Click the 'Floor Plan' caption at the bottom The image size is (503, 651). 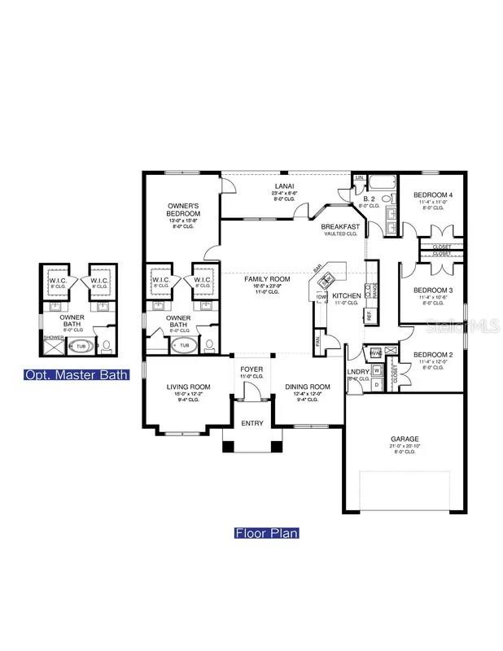266,533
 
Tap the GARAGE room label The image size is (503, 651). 404,439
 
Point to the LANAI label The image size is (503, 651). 284,186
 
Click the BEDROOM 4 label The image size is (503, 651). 432,195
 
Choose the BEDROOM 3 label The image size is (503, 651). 432,291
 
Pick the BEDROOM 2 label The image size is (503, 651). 432,355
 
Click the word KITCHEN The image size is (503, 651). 346,295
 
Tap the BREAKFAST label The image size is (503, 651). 339,226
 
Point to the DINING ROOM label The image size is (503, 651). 308,387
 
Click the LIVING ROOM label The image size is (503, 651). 189,387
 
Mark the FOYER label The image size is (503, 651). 251,369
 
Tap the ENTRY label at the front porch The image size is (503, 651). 252,423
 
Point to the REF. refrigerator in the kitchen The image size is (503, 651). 369,313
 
